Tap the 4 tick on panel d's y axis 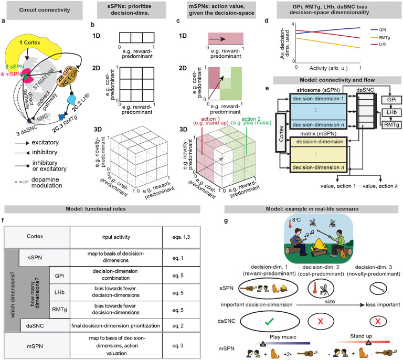pos(293,25)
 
